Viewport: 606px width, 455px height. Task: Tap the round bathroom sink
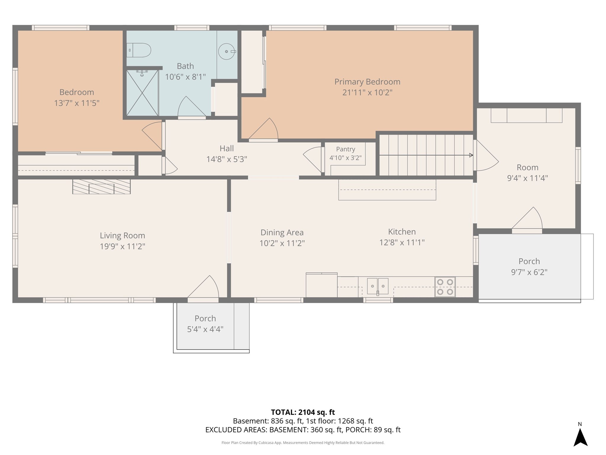pos(227,52)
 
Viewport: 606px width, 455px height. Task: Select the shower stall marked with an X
pos(142,93)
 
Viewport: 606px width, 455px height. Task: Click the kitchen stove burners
pos(445,287)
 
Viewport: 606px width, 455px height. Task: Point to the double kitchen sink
pos(378,286)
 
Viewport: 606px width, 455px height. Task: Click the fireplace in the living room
pos(101,187)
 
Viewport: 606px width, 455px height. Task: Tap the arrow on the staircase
pos(426,155)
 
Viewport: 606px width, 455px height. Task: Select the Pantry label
pos(346,149)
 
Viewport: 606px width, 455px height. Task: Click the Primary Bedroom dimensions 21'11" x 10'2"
pos(367,93)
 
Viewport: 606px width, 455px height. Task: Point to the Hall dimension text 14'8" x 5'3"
pos(227,159)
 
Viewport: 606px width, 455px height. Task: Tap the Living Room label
pos(123,235)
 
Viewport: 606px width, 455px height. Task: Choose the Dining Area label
pos(282,233)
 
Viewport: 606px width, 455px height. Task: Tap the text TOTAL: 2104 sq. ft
pos(303,412)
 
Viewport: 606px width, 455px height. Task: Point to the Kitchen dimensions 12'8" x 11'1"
pos(402,243)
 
